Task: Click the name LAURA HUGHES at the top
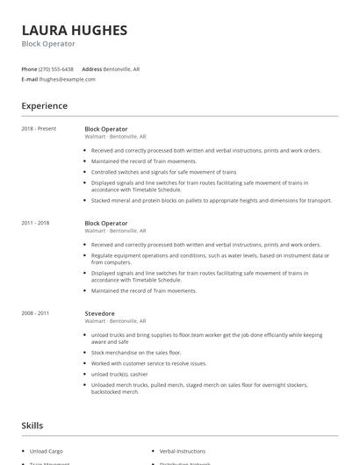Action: [x=75, y=30]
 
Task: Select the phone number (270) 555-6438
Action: [x=56, y=68]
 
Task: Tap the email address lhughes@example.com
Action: [x=68, y=79]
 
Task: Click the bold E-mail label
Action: [x=30, y=79]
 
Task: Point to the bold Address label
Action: [x=91, y=68]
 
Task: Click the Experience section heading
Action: [x=44, y=106]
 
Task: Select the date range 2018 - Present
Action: [x=39, y=129]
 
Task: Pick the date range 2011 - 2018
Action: [x=35, y=223]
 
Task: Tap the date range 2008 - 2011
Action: [x=35, y=312]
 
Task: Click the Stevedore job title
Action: [x=99, y=312]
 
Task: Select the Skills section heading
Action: [x=32, y=426]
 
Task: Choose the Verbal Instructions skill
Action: [x=182, y=451]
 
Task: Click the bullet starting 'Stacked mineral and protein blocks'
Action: [x=211, y=200]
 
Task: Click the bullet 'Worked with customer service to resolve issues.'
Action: [x=149, y=363]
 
